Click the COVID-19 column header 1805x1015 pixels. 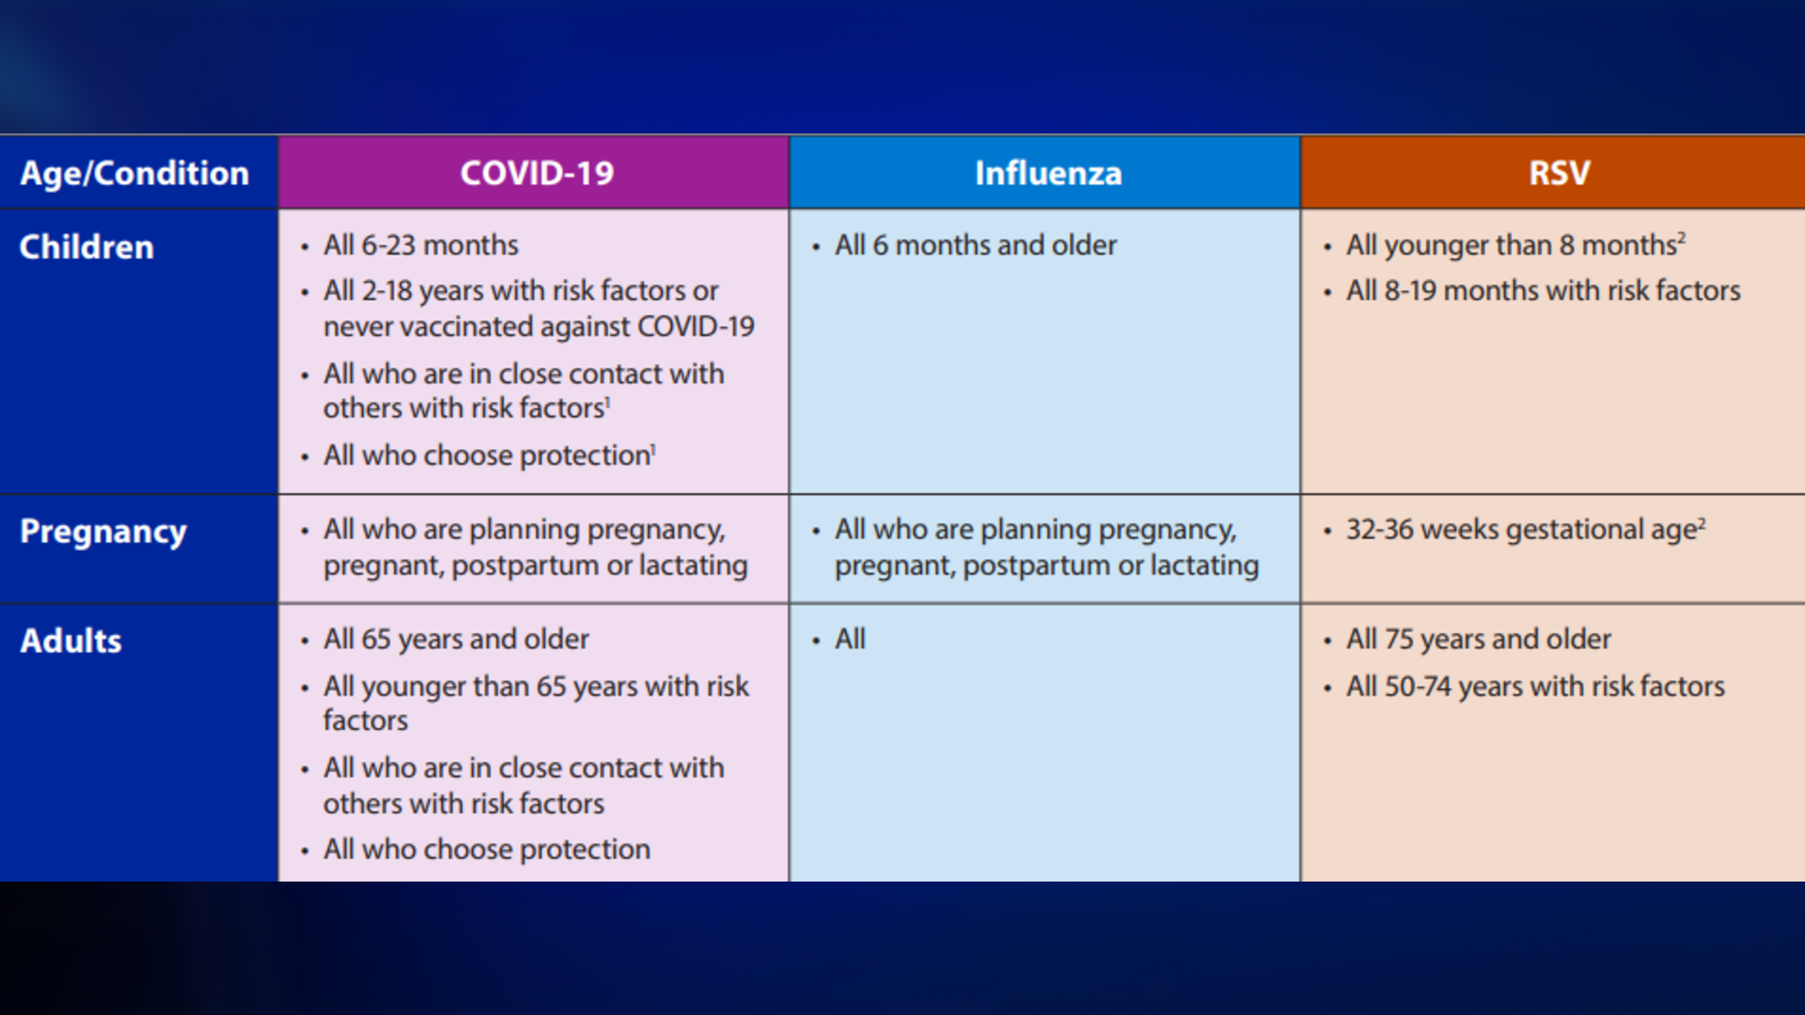(x=536, y=173)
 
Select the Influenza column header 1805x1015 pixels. (x=1047, y=173)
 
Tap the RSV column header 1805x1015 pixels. (x=1559, y=173)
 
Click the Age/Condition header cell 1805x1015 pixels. (x=134, y=173)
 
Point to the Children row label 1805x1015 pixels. (x=86, y=247)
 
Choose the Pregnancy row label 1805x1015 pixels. (x=103, y=532)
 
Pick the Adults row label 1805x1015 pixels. (x=71, y=641)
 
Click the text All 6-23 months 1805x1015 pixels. (x=420, y=245)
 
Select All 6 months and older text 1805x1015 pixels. (x=975, y=245)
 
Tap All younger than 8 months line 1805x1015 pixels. (x=1511, y=245)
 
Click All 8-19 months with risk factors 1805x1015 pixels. (x=1543, y=291)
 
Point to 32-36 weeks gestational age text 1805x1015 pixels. (x=1520, y=530)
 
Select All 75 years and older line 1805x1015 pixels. (x=1478, y=639)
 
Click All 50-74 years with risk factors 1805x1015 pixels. (x=1535, y=686)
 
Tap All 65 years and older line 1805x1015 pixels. (x=456, y=639)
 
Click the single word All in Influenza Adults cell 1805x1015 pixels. (x=850, y=639)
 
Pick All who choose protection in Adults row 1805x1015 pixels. (x=486, y=850)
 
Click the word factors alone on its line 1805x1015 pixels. (x=366, y=721)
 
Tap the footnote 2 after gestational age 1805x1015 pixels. (x=1702, y=523)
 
